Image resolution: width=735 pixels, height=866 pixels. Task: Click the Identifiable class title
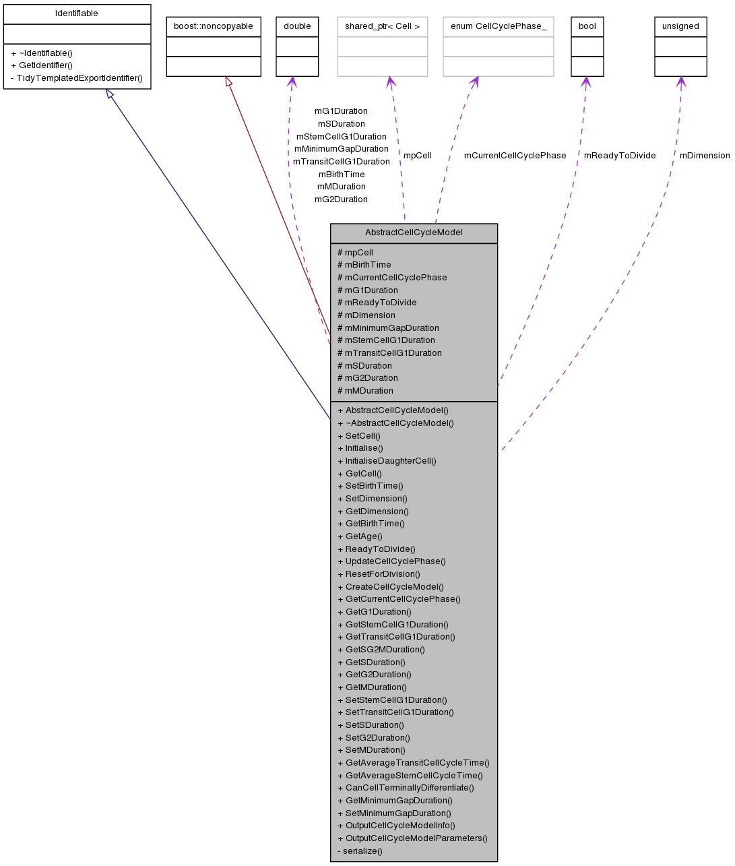[77, 13]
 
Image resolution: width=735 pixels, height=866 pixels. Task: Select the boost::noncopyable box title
[214, 26]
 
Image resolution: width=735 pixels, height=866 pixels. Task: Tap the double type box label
[297, 26]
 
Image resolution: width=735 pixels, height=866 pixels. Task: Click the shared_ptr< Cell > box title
[382, 26]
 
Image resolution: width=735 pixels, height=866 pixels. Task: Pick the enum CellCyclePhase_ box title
[498, 26]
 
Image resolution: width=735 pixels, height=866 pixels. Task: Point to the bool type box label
[587, 26]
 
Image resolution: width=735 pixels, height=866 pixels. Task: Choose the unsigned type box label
[680, 26]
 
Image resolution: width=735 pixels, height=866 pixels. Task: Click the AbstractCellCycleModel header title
[414, 233]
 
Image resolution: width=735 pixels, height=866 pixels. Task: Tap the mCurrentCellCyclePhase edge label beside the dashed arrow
[515, 156]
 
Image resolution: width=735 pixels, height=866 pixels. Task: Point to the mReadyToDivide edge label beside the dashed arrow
[619, 156]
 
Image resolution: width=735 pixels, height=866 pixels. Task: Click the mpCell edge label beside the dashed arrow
[417, 156]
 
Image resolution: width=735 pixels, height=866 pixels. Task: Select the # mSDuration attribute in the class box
[364, 365]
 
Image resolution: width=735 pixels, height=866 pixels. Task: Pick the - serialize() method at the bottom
[360, 850]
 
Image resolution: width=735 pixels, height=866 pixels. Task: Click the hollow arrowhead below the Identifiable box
[110, 94]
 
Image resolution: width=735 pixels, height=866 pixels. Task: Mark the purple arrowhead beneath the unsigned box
[681, 82]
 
